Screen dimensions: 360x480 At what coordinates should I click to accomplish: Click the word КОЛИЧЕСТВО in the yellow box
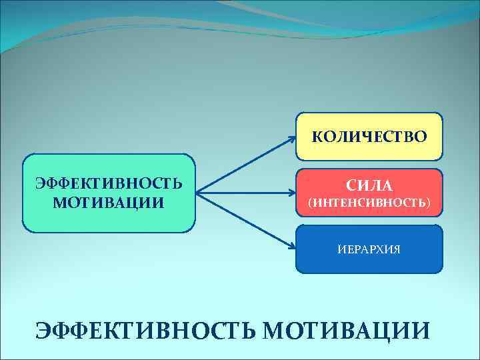[x=369, y=137]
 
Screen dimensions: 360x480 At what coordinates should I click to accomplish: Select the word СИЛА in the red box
[x=369, y=185]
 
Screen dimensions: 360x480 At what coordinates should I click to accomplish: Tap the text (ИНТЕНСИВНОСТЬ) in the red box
[x=369, y=201]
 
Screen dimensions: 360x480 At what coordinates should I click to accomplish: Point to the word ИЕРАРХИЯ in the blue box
[x=369, y=250]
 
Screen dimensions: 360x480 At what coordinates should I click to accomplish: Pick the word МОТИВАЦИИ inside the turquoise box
[x=109, y=201]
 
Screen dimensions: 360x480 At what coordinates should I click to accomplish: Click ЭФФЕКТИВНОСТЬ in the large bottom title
[x=147, y=330]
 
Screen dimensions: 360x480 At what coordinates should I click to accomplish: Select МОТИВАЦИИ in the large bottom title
[x=347, y=330]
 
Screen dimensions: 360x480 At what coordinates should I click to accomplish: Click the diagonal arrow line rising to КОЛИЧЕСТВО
[x=247, y=166]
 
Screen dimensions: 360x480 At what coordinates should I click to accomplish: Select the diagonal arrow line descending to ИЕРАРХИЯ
[x=247, y=221]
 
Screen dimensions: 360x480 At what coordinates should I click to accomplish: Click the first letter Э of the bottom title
[x=44, y=330]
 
